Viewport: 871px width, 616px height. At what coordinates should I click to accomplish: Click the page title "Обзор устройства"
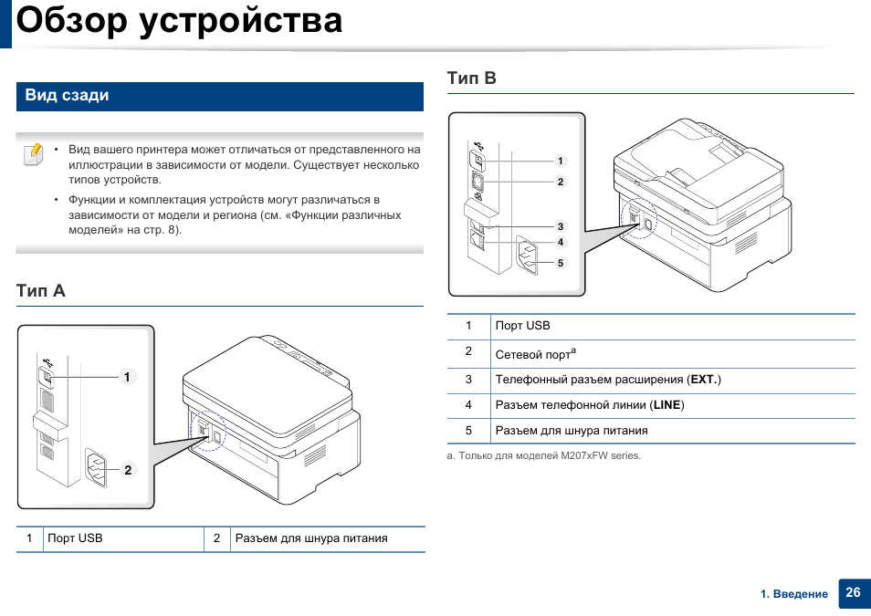click(180, 20)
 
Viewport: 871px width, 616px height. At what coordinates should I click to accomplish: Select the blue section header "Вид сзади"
click(67, 96)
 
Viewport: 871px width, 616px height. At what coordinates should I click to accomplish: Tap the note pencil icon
click(32, 153)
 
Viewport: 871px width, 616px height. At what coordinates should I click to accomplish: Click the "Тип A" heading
click(41, 291)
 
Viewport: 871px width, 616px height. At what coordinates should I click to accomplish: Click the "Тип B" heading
click(472, 78)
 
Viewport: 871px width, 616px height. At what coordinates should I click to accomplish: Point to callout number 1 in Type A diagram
click(129, 376)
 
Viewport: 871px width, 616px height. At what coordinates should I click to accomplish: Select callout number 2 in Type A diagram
click(129, 471)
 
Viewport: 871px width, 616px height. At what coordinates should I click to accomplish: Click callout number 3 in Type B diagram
click(561, 226)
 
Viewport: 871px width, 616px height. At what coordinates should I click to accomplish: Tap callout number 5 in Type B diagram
click(561, 263)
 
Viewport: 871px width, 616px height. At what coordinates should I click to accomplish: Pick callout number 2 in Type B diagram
click(561, 182)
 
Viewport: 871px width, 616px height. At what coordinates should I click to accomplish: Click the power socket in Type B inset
click(530, 256)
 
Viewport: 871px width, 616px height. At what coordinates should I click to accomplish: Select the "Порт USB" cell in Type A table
click(75, 538)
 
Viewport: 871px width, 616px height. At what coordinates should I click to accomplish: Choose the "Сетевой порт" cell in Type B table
click(533, 354)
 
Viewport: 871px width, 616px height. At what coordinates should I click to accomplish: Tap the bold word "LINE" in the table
click(667, 404)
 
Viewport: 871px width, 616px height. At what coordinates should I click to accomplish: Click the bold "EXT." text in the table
click(704, 379)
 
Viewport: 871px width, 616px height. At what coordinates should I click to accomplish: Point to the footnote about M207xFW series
click(544, 455)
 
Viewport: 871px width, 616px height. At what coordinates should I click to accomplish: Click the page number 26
click(853, 592)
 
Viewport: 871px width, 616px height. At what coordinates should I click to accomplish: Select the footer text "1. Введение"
click(794, 594)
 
